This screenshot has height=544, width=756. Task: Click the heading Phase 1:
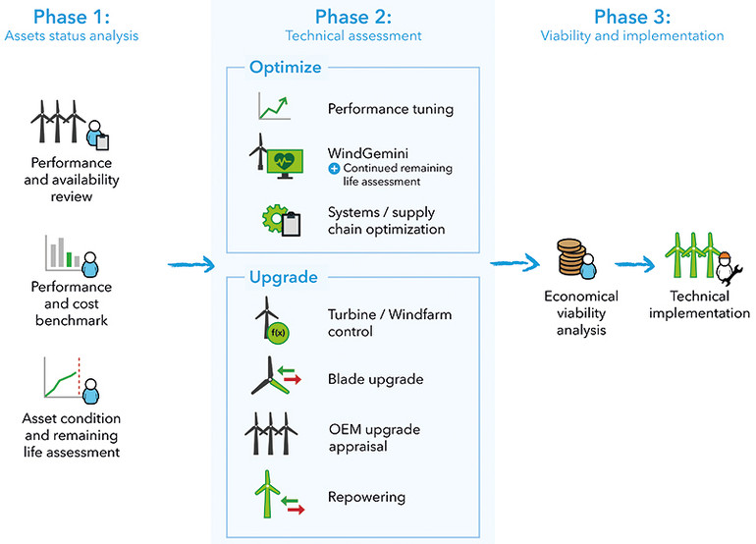(x=70, y=17)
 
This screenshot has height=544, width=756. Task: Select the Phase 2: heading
(x=353, y=17)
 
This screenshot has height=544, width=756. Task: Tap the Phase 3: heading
(x=631, y=17)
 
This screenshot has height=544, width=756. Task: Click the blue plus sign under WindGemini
(x=334, y=169)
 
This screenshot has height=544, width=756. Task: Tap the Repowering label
(x=366, y=497)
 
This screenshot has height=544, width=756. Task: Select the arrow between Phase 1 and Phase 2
(x=190, y=263)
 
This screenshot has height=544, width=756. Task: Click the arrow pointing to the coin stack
(x=516, y=262)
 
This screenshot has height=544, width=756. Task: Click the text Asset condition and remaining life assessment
(x=72, y=435)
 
